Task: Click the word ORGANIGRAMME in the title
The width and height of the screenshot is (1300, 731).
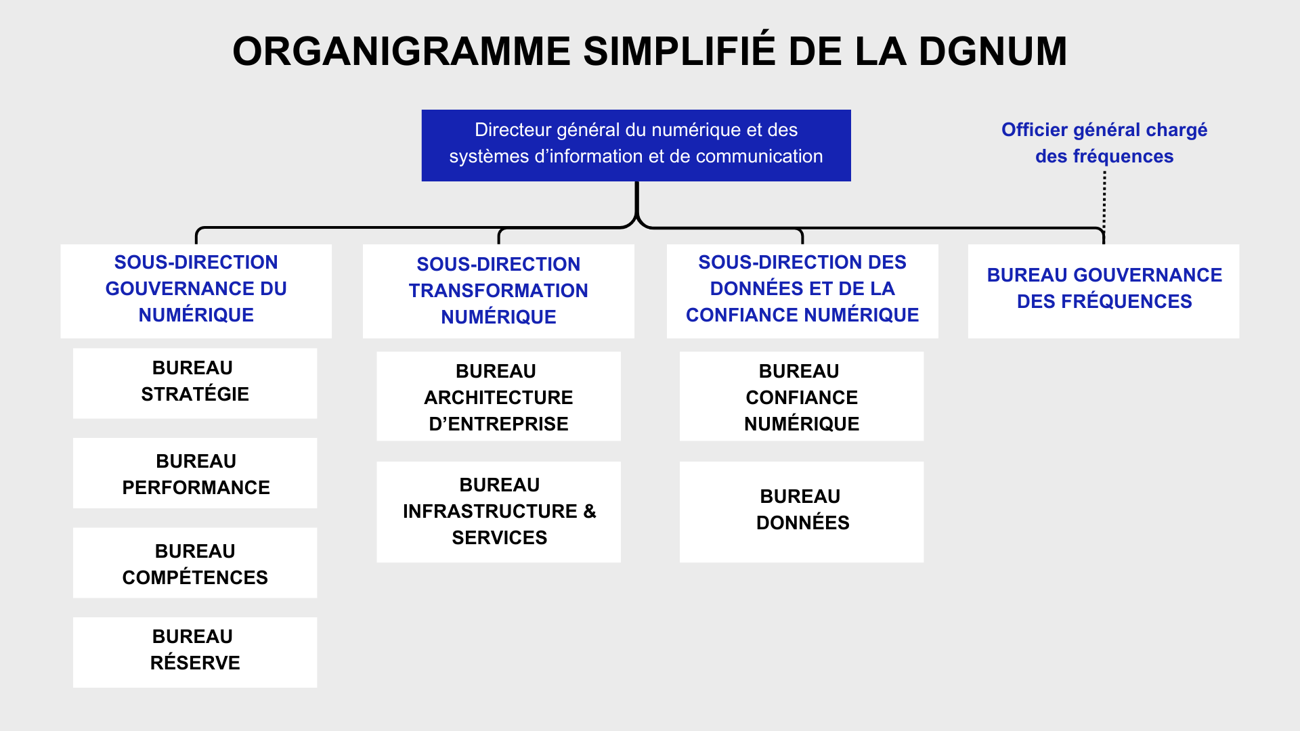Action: coord(402,51)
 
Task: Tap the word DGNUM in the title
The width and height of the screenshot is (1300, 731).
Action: coord(993,51)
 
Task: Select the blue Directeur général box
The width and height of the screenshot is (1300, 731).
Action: coord(636,146)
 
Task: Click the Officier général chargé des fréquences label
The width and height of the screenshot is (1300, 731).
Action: coord(1104,143)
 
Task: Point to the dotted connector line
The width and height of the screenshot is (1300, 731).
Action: coord(1104,201)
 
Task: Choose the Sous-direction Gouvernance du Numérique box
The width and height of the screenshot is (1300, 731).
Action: coord(196,291)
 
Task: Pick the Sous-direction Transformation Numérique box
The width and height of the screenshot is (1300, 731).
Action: coord(498,291)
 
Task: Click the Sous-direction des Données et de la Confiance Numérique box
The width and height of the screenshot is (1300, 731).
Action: coord(802,291)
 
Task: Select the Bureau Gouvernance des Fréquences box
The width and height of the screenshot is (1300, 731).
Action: coord(1104,291)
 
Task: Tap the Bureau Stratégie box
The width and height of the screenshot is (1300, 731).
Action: coord(195,383)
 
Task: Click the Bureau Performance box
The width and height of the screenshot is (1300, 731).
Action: coord(195,473)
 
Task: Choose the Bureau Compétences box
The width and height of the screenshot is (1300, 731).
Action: coord(195,562)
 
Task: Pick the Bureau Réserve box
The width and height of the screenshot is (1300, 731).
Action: coord(195,652)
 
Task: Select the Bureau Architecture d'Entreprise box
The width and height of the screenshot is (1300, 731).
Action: coord(498,396)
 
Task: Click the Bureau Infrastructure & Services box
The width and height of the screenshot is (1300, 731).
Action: coord(498,512)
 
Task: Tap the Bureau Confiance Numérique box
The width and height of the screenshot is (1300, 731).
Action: coord(802,396)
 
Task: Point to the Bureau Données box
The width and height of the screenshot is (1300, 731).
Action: coord(802,512)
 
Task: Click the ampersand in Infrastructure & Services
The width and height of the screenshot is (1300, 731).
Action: coord(590,512)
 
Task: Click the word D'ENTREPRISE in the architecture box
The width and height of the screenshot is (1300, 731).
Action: coord(498,424)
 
